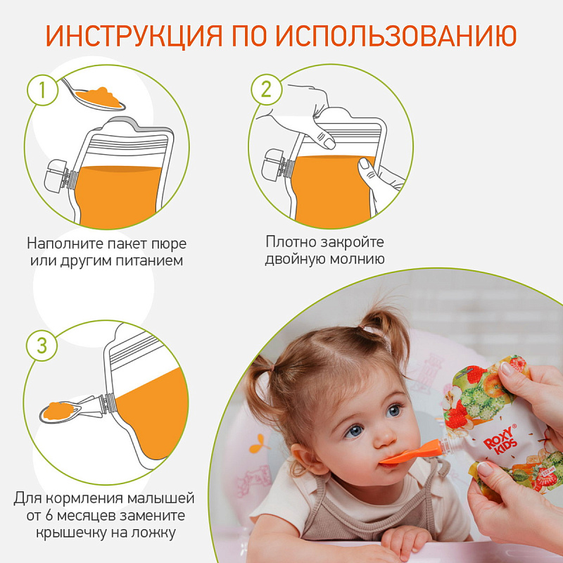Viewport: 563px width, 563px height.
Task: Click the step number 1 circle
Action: pos(42,90)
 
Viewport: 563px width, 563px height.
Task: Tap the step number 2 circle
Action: pos(266,89)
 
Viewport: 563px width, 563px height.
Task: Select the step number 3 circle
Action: pos(42,346)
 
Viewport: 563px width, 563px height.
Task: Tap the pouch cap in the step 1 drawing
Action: pos(57,177)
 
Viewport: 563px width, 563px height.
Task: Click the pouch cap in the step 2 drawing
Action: pos(275,165)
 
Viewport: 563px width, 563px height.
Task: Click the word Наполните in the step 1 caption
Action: pos(65,243)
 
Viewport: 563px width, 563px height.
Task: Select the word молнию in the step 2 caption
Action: pos(357,259)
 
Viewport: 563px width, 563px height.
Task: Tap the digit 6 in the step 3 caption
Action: pos(49,516)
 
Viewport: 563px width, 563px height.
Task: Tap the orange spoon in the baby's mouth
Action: pos(411,453)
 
